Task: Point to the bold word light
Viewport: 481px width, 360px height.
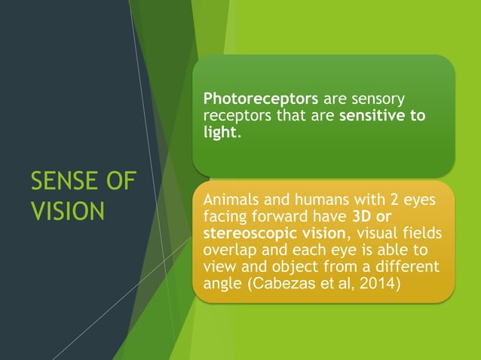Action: click(x=220, y=132)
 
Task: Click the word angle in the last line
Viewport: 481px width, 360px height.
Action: click(x=223, y=284)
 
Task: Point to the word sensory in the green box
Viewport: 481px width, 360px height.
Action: click(x=379, y=99)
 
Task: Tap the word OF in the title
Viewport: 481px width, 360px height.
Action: click(x=121, y=182)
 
